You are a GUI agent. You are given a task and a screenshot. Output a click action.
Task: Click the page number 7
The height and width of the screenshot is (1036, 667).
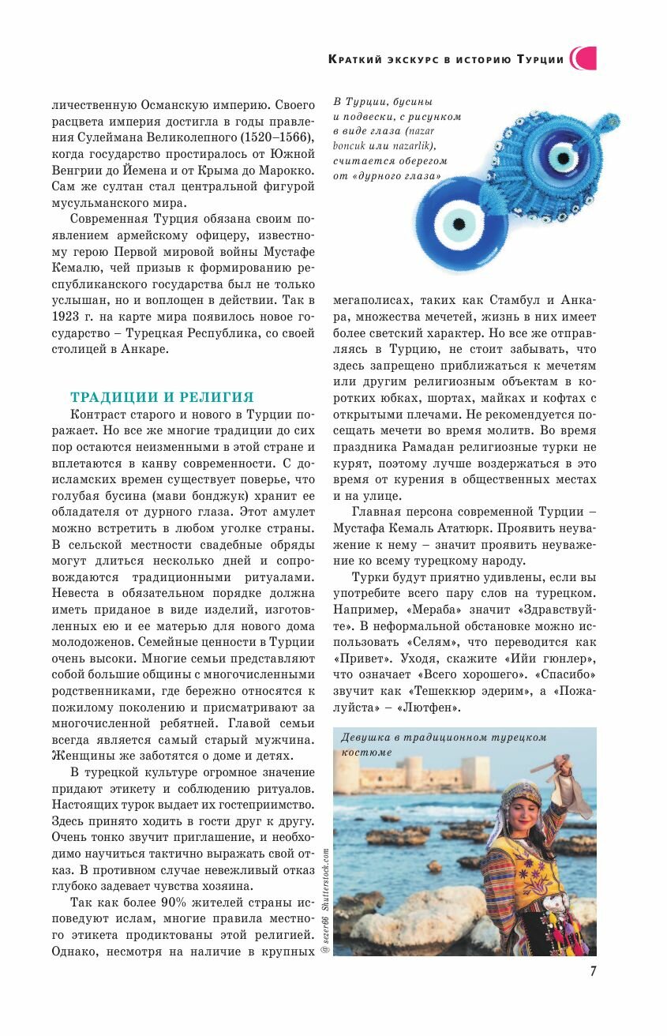point(593,971)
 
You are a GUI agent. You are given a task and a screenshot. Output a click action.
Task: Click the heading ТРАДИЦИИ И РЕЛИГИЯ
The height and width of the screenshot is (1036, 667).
point(162,397)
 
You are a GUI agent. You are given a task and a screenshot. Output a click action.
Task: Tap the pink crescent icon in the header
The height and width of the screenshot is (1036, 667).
point(583,58)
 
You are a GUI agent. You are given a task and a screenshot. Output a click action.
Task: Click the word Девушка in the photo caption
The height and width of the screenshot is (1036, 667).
point(367,738)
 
